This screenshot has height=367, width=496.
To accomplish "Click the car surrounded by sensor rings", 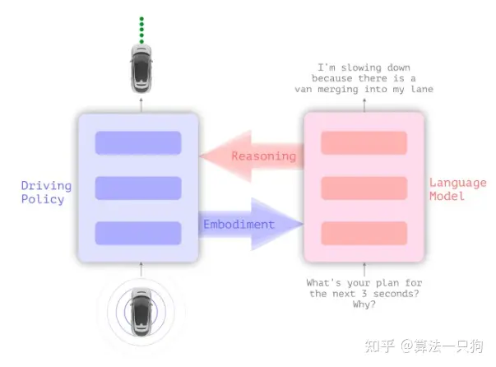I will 141,309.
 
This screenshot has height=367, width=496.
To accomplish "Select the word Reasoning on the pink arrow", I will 263,156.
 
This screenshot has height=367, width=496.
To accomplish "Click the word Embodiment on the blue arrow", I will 239,224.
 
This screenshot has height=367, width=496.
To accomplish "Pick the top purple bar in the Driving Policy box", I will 138,142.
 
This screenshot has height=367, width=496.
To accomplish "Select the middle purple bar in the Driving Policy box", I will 138,188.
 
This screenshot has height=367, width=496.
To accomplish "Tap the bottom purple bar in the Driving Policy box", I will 138,233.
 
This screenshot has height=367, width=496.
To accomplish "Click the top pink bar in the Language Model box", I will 364,142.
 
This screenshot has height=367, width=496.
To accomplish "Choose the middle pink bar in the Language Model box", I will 364,188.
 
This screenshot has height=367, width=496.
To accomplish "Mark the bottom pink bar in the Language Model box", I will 364,233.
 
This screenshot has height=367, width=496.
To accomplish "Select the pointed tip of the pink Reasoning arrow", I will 202,156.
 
